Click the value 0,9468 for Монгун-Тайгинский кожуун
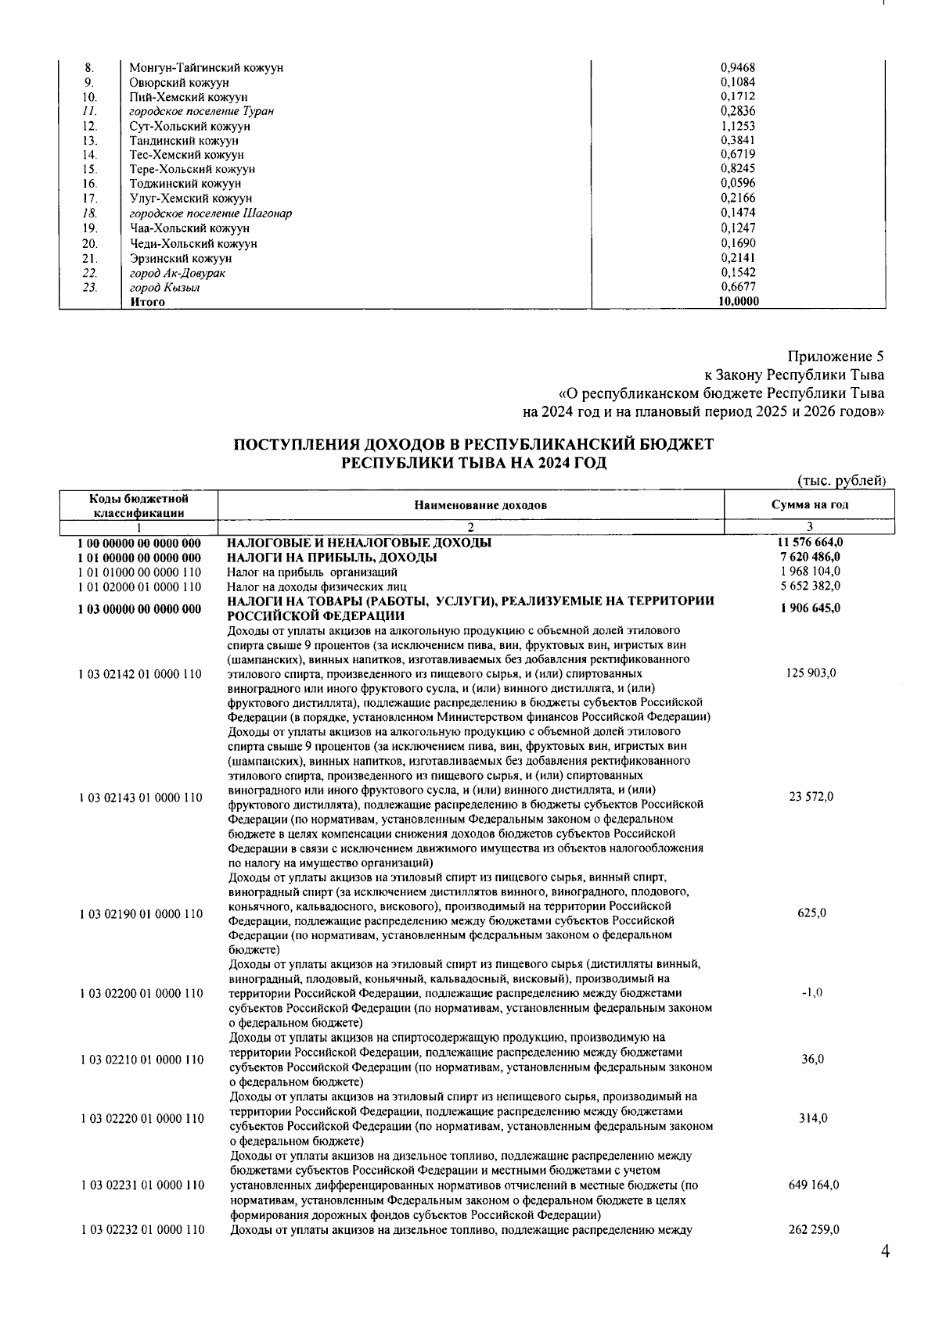[736, 67]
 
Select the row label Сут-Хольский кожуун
[189, 126]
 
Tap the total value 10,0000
[739, 302]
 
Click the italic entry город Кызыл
[164, 287]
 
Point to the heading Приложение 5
[836, 357]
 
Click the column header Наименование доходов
[480, 505]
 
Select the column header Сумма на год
[809, 505]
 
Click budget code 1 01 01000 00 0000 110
[140, 572]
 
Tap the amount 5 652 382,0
[810, 586]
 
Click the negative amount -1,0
[811, 993]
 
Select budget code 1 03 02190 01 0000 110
[140, 913]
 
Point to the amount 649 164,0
[813, 1185]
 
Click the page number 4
[885, 1252]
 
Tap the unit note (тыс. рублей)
[840, 480]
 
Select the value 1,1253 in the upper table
[736, 126]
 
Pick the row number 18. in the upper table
[90, 213]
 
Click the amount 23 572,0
[811, 797]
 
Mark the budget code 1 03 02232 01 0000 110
[140, 1230]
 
